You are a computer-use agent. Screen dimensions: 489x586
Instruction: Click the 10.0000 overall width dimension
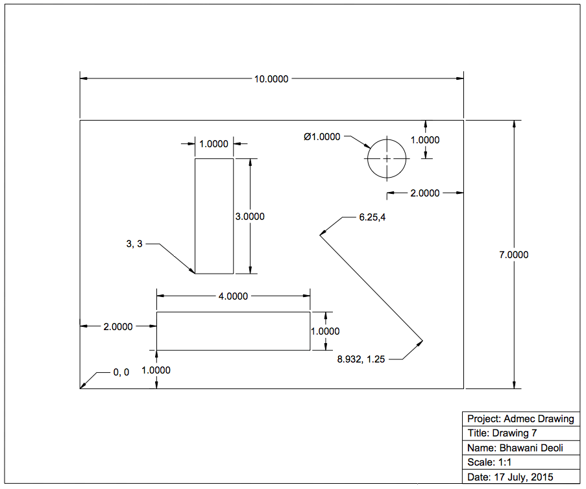click(271, 79)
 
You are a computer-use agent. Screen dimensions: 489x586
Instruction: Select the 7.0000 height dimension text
click(513, 255)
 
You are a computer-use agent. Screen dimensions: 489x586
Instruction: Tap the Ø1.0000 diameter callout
click(322, 137)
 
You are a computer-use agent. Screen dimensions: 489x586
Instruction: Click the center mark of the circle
click(387, 158)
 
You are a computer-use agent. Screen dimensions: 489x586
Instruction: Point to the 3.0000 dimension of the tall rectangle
click(250, 217)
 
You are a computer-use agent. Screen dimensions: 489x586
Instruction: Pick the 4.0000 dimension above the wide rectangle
click(233, 296)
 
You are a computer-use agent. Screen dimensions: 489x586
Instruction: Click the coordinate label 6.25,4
click(372, 217)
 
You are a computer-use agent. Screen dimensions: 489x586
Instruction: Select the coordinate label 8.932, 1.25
click(361, 359)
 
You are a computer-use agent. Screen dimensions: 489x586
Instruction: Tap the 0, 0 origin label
click(121, 372)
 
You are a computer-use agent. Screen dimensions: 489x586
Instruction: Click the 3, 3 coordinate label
click(134, 244)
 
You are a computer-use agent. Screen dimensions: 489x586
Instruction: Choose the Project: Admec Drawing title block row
click(520, 419)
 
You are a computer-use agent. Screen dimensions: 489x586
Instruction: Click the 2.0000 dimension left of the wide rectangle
click(118, 327)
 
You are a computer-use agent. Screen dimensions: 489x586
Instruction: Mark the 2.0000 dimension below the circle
click(425, 193)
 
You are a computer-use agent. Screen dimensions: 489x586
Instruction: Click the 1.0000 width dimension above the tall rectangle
click(214, 144)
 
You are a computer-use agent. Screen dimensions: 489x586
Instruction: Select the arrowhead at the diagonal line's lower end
click(421, 342)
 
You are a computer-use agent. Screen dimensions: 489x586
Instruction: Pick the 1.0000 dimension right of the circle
click(426, 140)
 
